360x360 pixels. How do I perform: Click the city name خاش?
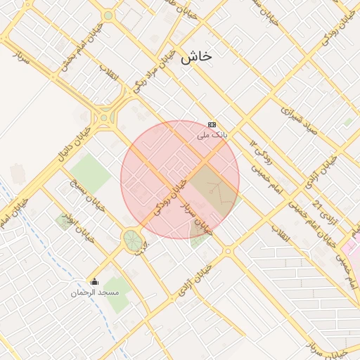[x=195, y=58]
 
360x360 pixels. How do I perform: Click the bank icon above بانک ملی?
[x=212, y=124]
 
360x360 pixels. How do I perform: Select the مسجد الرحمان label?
[x=95, y=291]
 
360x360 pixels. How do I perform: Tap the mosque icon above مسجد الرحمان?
[x=95, y=282]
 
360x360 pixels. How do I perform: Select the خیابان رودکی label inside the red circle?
[x=169, y=196]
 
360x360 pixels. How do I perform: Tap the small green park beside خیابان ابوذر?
[x=63, y=222]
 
